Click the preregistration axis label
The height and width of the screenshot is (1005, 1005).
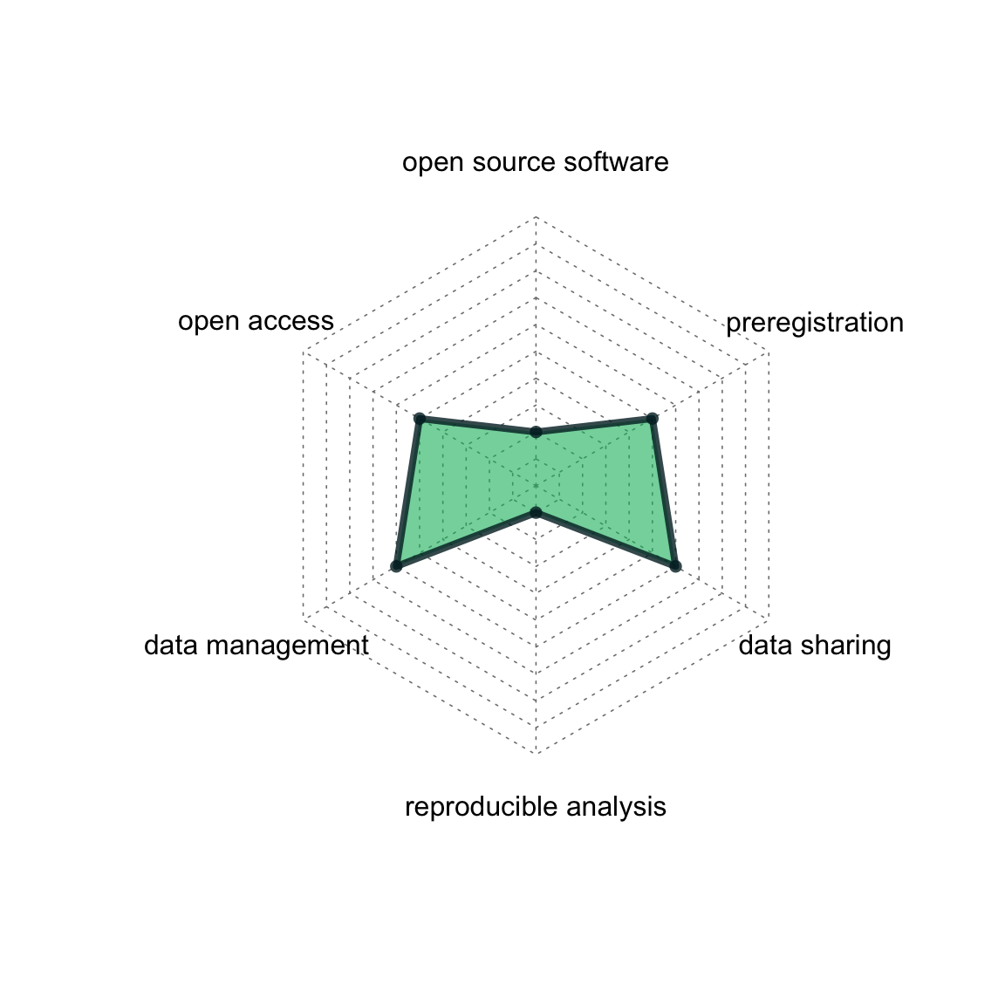(814, 323)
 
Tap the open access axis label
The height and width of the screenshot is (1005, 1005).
(256, 321)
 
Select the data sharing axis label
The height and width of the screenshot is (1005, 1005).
(814, 646)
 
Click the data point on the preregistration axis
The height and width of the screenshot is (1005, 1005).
(652, 419)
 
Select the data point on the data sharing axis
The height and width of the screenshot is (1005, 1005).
(674, 566)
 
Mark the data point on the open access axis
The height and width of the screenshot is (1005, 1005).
(420, 419)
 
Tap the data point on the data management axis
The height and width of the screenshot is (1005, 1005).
(396, 566)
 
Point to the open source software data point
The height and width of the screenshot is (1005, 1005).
(536, 432)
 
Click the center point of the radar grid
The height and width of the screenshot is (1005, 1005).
(536, 485)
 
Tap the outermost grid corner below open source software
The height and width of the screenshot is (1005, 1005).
(536, 215)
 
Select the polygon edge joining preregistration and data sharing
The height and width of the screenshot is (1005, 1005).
(663, 493)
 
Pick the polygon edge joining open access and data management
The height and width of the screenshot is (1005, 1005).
(407, 493)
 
